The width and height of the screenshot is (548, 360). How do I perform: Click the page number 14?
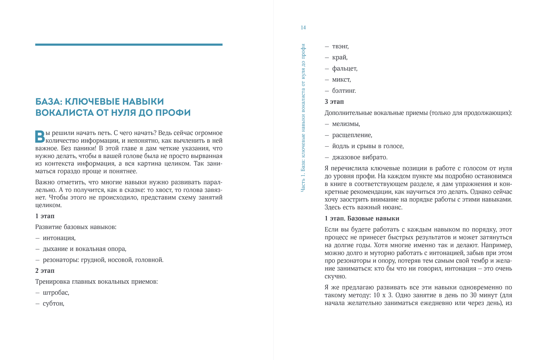tap(303, 27)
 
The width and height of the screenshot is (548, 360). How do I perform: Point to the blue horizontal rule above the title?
tap(129, 44)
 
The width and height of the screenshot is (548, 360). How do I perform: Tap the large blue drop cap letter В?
tap(40, 137)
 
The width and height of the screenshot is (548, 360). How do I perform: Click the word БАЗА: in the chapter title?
tap(49, 102)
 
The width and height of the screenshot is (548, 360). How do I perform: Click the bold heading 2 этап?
tap(45, 271)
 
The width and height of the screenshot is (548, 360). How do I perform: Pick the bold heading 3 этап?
tap(334, 102)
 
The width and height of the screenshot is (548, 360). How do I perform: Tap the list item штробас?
tap(56, 293)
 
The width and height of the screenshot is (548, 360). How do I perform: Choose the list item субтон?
tap(53, 303)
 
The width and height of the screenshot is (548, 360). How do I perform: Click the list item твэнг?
tap(340, 46)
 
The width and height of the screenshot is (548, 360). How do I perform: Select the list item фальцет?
tap(345, 69)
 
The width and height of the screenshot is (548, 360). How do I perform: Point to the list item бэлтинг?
tap(344, 91)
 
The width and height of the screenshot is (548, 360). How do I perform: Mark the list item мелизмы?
tap(346, 124)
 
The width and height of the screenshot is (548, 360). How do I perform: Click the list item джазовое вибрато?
tap(360, 157)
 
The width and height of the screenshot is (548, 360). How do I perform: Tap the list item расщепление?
tap(352, 135)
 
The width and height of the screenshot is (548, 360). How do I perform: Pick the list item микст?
tap(341, 80)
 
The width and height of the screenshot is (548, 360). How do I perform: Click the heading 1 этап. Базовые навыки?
tap(362, 218)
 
